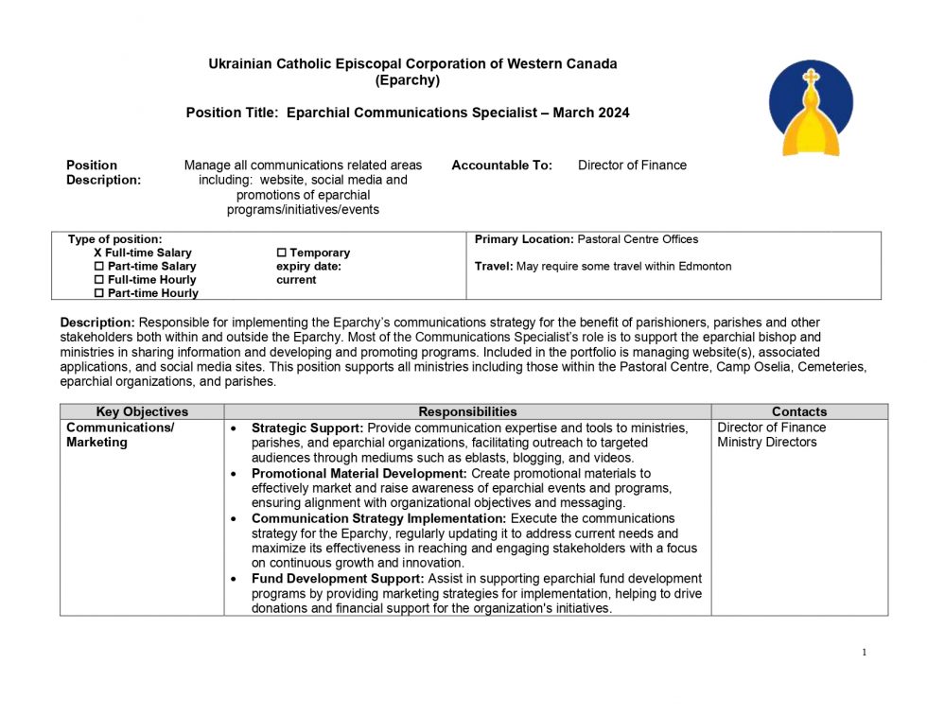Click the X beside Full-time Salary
(97, 253)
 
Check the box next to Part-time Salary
(99, 267)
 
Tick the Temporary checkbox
(281, 253)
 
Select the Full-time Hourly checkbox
(99, 280)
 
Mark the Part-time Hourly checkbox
(99, 293)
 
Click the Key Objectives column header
(142, 411)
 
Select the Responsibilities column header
(467, 411)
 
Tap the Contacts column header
(799, 411)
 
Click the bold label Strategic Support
(306, 428)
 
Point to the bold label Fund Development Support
(338, 579)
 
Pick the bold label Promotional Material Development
(359, 473)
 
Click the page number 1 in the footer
(865, 652)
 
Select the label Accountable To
(501, 166)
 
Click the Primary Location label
(524, 239)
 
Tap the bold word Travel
(493, 267)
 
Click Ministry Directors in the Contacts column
(766, 443)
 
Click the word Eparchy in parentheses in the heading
(408, 80)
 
